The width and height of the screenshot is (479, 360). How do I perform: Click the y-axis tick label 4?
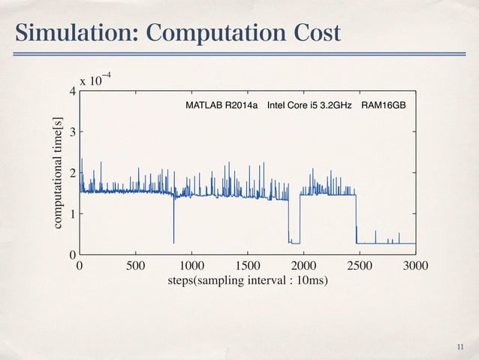click(72, 92)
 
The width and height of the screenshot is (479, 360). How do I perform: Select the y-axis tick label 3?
click(72, 132)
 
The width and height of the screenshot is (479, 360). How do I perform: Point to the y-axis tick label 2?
click(72, 173)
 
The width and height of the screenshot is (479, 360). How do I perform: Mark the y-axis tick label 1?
click(72, 214)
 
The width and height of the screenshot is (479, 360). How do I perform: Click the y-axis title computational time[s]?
click(57, 172)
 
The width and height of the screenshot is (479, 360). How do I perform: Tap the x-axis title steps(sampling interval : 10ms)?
click(247, 281)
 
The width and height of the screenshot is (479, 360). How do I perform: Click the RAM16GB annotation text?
click(384, 105)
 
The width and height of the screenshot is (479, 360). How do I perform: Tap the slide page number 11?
click(461, 346)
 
